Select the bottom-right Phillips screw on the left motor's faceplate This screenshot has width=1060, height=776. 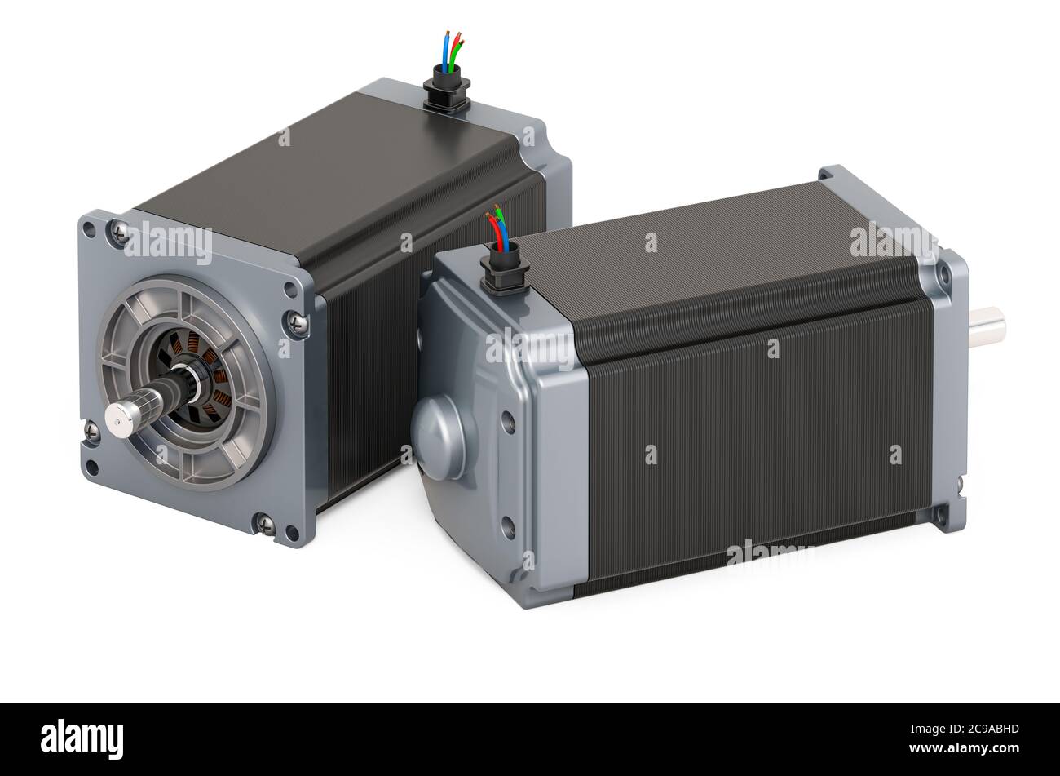266,523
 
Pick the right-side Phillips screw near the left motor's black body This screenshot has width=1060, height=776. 298,323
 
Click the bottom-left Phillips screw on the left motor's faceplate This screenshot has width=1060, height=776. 91,432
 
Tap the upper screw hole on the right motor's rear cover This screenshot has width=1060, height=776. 508,423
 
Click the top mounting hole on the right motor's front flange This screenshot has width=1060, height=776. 943,273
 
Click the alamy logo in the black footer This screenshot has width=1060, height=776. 82,739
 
